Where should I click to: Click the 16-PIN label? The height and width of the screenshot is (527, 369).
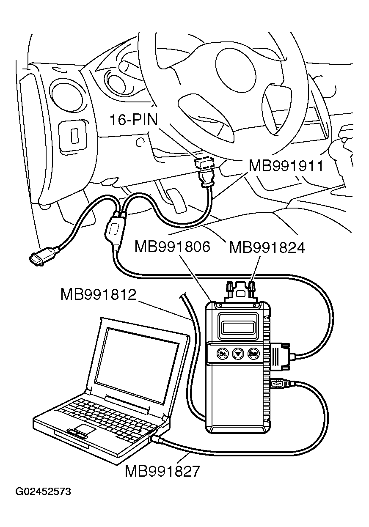point(133,120)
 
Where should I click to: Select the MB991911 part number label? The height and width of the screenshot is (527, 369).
point(286,165)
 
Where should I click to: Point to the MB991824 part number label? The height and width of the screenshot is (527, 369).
point(267,247)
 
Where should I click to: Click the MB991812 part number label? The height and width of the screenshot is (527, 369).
point(98,294)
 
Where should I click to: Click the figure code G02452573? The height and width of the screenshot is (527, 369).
point(43,491)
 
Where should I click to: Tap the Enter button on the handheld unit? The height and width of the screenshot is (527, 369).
point(254,353)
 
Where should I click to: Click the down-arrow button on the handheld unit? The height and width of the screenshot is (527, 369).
point(238,353)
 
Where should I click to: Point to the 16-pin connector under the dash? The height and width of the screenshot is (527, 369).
point(204,163)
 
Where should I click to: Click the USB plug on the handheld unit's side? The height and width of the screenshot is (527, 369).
point(278,384)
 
